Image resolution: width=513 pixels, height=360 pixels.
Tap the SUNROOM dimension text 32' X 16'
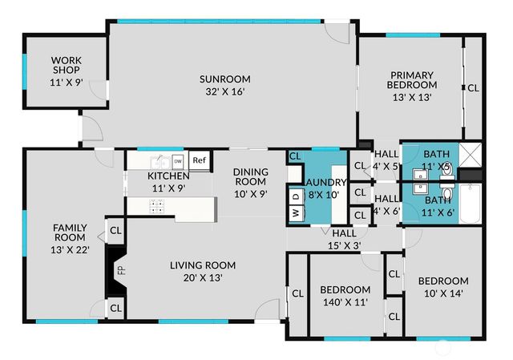coord(225,92)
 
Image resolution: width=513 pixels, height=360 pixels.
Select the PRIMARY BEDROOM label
coord(412,79)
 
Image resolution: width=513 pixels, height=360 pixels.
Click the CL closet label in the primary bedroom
coord(474,88)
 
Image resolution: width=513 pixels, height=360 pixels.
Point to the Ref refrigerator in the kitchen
coord(199,160)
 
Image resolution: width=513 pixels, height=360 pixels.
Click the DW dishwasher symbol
coord(178,160)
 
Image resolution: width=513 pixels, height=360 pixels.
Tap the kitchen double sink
coord(158,160)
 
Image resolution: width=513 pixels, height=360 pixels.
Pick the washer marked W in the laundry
coord(294,213)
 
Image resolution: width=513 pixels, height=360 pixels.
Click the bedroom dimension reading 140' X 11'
coord(345,303)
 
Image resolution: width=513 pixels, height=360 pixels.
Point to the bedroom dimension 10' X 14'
coord(442,293)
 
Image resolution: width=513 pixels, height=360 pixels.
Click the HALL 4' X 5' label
coord(387,160)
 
